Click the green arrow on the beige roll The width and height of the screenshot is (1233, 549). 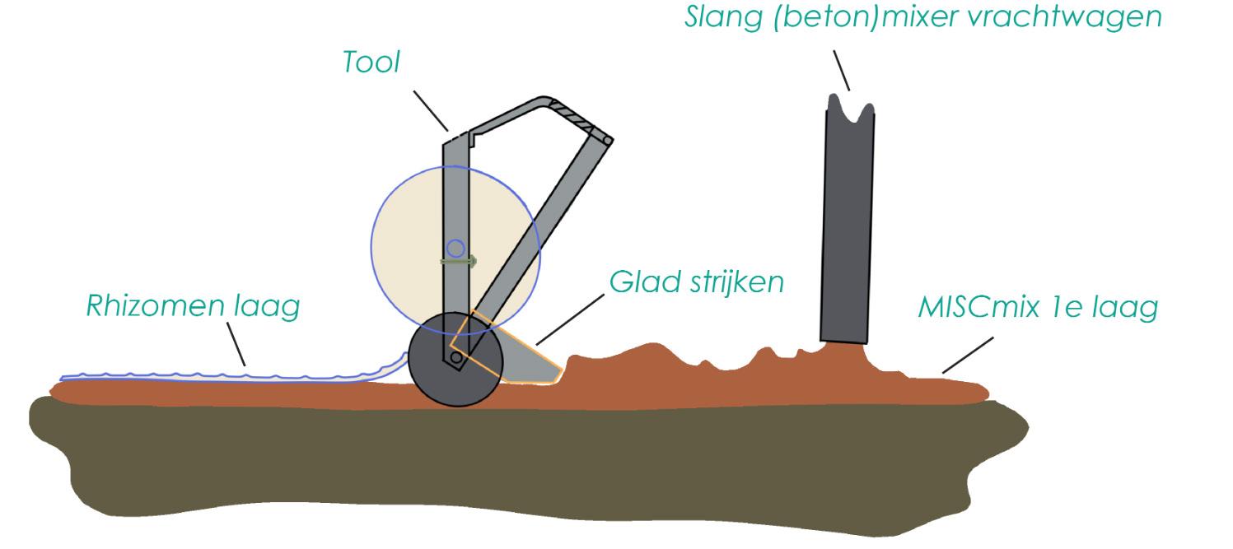pyautogui.click(x=459, y=261)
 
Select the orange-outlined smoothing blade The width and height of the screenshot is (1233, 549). pyautogui.click(x=527, y=358)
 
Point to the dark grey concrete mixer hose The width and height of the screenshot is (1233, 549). pyautogui.click(x=847, y=222)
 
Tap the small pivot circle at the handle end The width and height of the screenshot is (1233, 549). pyautogui.click(x=607, y=142)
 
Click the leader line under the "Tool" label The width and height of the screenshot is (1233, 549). pyautogui.click(x=430, y=109)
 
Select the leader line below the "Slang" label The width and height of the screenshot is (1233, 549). pyautogui.click(x=840, y=69)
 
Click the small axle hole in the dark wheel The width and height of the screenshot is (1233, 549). pyautogui.click(x=455, y=357)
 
